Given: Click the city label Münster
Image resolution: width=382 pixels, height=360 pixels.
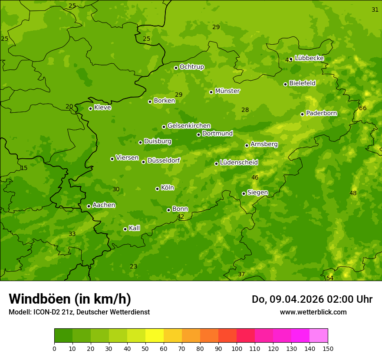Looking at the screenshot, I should (x=227, y=91).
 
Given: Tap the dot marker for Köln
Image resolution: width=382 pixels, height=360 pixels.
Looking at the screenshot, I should (x=157, y=189).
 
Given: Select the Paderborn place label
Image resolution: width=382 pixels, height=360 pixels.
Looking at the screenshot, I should (x=322, y=113).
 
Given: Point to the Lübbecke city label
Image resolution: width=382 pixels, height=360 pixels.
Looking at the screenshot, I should (x=309, y=58).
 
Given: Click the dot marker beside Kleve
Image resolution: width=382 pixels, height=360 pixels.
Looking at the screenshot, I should (x=90, y=108).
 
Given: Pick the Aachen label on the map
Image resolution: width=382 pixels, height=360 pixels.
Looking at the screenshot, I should (x=104, y=205).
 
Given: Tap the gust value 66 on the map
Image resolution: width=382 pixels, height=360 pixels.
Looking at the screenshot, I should (x=363, y=108).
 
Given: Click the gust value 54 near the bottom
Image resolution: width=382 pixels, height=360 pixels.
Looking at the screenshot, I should (x=330, y=278).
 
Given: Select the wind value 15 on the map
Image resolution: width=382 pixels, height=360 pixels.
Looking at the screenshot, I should (x=24, y=168).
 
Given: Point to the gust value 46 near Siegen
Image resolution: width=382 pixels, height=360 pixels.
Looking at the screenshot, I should (x=255, y=177).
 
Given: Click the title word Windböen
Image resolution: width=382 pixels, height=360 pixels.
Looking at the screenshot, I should (x=40, y=299).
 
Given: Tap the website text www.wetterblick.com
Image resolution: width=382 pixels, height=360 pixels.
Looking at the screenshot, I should (x=313, y=312).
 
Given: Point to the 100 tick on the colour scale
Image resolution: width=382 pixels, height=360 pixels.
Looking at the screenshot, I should (x=237, y=348).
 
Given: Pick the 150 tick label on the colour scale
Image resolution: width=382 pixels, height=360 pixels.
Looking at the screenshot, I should (x=328, y=348).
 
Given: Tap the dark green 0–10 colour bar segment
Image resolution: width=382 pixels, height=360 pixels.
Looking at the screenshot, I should (x=63, y=336).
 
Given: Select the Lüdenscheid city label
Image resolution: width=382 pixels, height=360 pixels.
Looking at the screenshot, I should (x=239, y=163).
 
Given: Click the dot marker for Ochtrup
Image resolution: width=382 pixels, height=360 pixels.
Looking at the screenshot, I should (x=176, y=68).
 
